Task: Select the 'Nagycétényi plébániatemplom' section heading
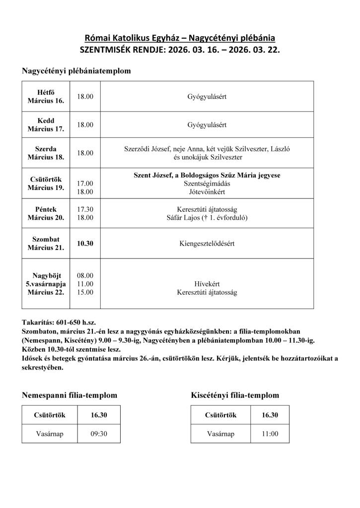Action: pos(76,71)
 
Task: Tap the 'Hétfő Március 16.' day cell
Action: pos(46,97)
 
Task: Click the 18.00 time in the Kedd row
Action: pos(85,125)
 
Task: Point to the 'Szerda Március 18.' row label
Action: pos(46,153)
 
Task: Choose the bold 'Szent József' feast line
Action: pos(207,175)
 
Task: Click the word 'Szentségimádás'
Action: pos(207,183)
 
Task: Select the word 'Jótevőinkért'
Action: pos(207,190)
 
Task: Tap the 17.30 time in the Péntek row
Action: pos(85,209)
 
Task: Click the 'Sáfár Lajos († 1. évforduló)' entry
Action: pos(207,217)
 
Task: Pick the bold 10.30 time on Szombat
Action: pos(85,244)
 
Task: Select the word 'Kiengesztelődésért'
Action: pos(207,244)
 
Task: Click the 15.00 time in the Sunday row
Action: pos(85,292)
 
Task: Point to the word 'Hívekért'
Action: pos(207,284)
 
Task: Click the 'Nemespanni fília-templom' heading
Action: pos(70,395)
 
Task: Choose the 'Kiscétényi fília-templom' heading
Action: pos(235,395)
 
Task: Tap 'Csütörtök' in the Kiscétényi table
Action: pos(220,415)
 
